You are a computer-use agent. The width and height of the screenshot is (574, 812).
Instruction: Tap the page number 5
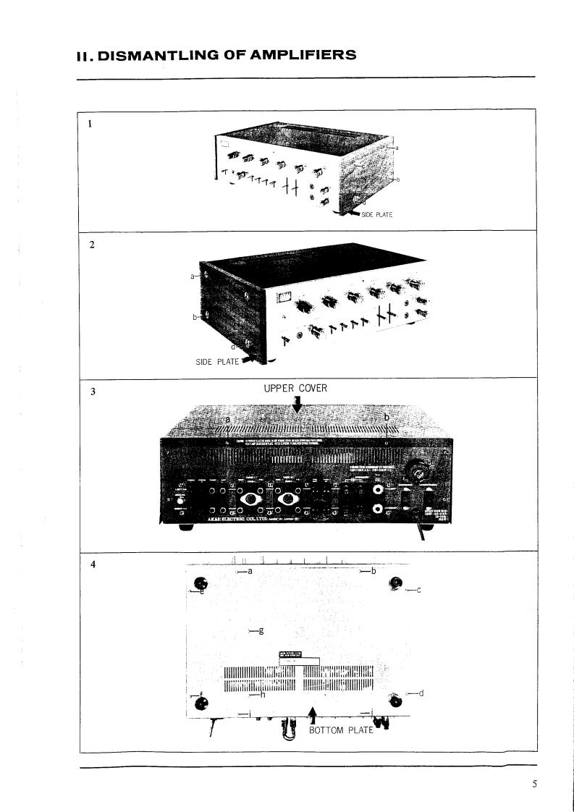tap(534, 784)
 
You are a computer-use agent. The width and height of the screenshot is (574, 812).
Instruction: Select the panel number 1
tap(90, 122)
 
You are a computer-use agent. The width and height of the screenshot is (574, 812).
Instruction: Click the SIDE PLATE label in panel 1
tap(376, 214)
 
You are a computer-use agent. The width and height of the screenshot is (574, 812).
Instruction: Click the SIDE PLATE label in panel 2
tap(217, 362)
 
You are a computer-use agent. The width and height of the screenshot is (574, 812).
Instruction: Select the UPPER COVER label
tap(296, 389)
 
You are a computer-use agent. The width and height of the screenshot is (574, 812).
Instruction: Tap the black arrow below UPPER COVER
tap(297, 402)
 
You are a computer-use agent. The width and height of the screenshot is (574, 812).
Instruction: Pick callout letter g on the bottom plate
tap(261, 630)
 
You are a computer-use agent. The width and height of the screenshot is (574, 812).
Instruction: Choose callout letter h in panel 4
tap(263, 695)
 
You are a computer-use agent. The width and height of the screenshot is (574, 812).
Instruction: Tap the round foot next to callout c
tap(396, 583)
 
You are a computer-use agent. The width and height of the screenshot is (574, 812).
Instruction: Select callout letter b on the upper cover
tap(387, 418)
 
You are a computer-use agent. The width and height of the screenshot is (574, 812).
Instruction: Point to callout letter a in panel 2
tap(193, 276)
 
